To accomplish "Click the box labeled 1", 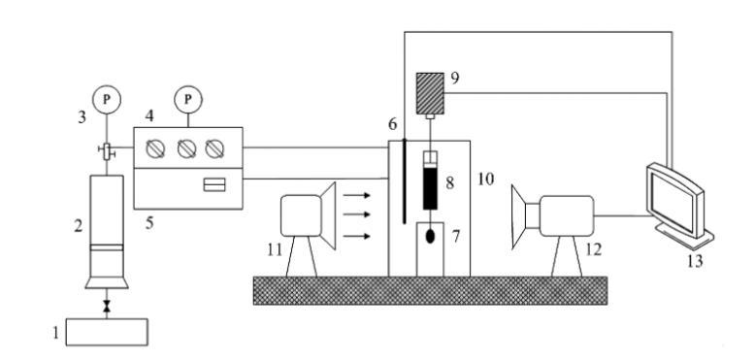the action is [x=107, y=332].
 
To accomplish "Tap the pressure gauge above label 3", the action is [x=107, y=100].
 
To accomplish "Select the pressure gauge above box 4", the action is [x=188, y=100].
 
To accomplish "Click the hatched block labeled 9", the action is [x=430, y=93].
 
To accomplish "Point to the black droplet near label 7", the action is [x=431, y=237].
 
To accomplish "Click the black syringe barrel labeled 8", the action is [x=430, y=188].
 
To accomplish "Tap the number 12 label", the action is [x=594, y=250].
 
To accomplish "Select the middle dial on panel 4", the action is [x=186, y=149].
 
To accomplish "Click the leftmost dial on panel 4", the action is [x=155, y=149].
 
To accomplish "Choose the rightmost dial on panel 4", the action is [x=214, y=149].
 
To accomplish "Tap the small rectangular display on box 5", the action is [x=214, y=184].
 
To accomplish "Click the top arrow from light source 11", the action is [x=357, y=195].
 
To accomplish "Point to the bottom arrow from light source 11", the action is [x=357, y=236].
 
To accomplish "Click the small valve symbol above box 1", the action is [x=107, y=306].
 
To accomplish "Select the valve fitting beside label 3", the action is [x=107, y=151].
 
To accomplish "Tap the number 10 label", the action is [x=485, y=180].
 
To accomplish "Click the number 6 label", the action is [x=393, y=124].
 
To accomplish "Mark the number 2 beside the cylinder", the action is [x=78, y=226].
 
